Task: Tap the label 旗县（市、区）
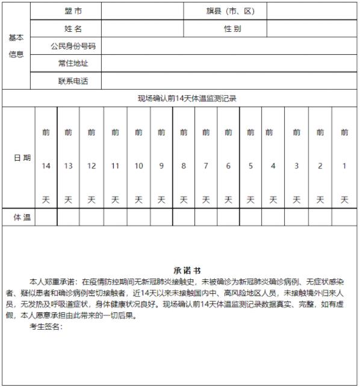point(231,11)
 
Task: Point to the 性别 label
point(232,28)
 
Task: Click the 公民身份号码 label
point(73,46)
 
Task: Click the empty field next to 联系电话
point(229,81)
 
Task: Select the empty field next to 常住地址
point(229,63)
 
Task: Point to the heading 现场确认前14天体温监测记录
point(187,98)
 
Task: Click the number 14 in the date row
point(46,166)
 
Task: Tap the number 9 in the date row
point(161,166)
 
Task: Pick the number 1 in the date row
point(344,166)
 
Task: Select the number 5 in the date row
point(250,166)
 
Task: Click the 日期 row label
point(22,158)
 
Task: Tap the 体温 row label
point(22,217)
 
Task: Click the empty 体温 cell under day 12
point(92,217)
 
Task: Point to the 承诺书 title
point(187,271)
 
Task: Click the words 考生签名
point(46,326)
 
